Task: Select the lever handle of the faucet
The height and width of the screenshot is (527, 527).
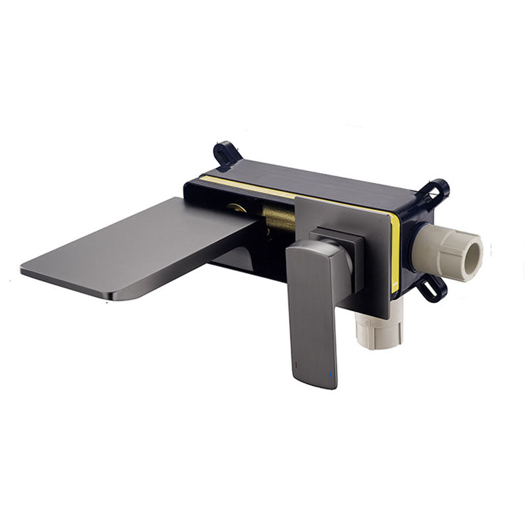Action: point(314,310)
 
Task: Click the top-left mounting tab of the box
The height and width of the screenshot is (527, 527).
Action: point(224,154)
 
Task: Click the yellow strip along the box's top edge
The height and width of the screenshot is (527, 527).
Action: point(250,187)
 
